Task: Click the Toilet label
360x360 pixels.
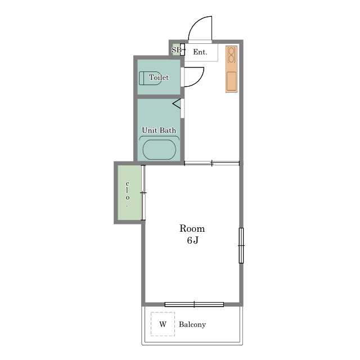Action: [x=159, y=77]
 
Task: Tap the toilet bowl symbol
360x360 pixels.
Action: [x=150, y=78]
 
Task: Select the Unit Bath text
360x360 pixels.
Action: [x=159, y=130]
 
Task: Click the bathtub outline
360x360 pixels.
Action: [x=159, y=150]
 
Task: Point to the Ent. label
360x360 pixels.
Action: [x=200, y=52]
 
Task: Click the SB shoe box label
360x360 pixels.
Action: [x=176, y=49]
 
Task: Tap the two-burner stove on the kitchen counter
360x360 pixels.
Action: [x=231, y=55]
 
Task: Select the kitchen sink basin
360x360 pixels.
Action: [x=231, y=81]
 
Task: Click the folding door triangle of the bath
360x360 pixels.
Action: [x=177, y=103]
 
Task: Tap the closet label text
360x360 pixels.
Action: [x=128, y=195]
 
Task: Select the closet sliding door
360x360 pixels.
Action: [x=143, y=192]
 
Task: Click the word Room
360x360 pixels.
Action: [x=192, y=228]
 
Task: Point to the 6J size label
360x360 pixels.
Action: [x=192, y=240]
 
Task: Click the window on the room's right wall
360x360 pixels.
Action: [x=241, y=245]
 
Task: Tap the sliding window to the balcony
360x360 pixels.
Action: [x=194, y=304]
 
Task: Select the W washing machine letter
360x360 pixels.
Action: [x=163, y=324]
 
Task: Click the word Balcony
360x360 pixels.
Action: [x=192, y=325]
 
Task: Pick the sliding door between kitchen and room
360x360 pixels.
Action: [x=211, y=163]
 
